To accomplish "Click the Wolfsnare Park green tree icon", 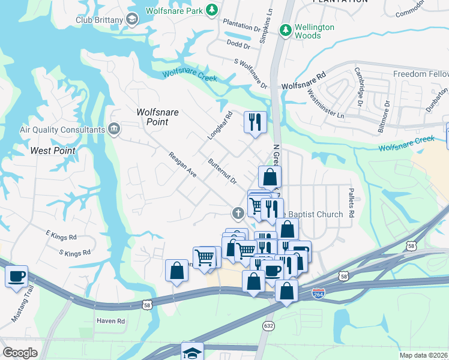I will click(211, 10).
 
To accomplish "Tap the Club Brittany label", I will click(98, 20).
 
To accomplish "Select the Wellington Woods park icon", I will click(287, 29).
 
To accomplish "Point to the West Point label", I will click(53, 151).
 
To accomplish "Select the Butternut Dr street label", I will click(223, 172).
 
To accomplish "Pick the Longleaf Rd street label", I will click(220, 127).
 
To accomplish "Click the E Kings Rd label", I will click(61, 237).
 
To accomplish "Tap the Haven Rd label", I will click(110, 321).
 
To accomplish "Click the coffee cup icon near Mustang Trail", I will click(17, 276).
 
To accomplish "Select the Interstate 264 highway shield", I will click(318, 294).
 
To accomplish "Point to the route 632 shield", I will click(268, 325).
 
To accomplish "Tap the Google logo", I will click(20, 353).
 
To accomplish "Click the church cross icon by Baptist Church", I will click(238, 212).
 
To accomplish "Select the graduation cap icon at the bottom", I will click(193, 352).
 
